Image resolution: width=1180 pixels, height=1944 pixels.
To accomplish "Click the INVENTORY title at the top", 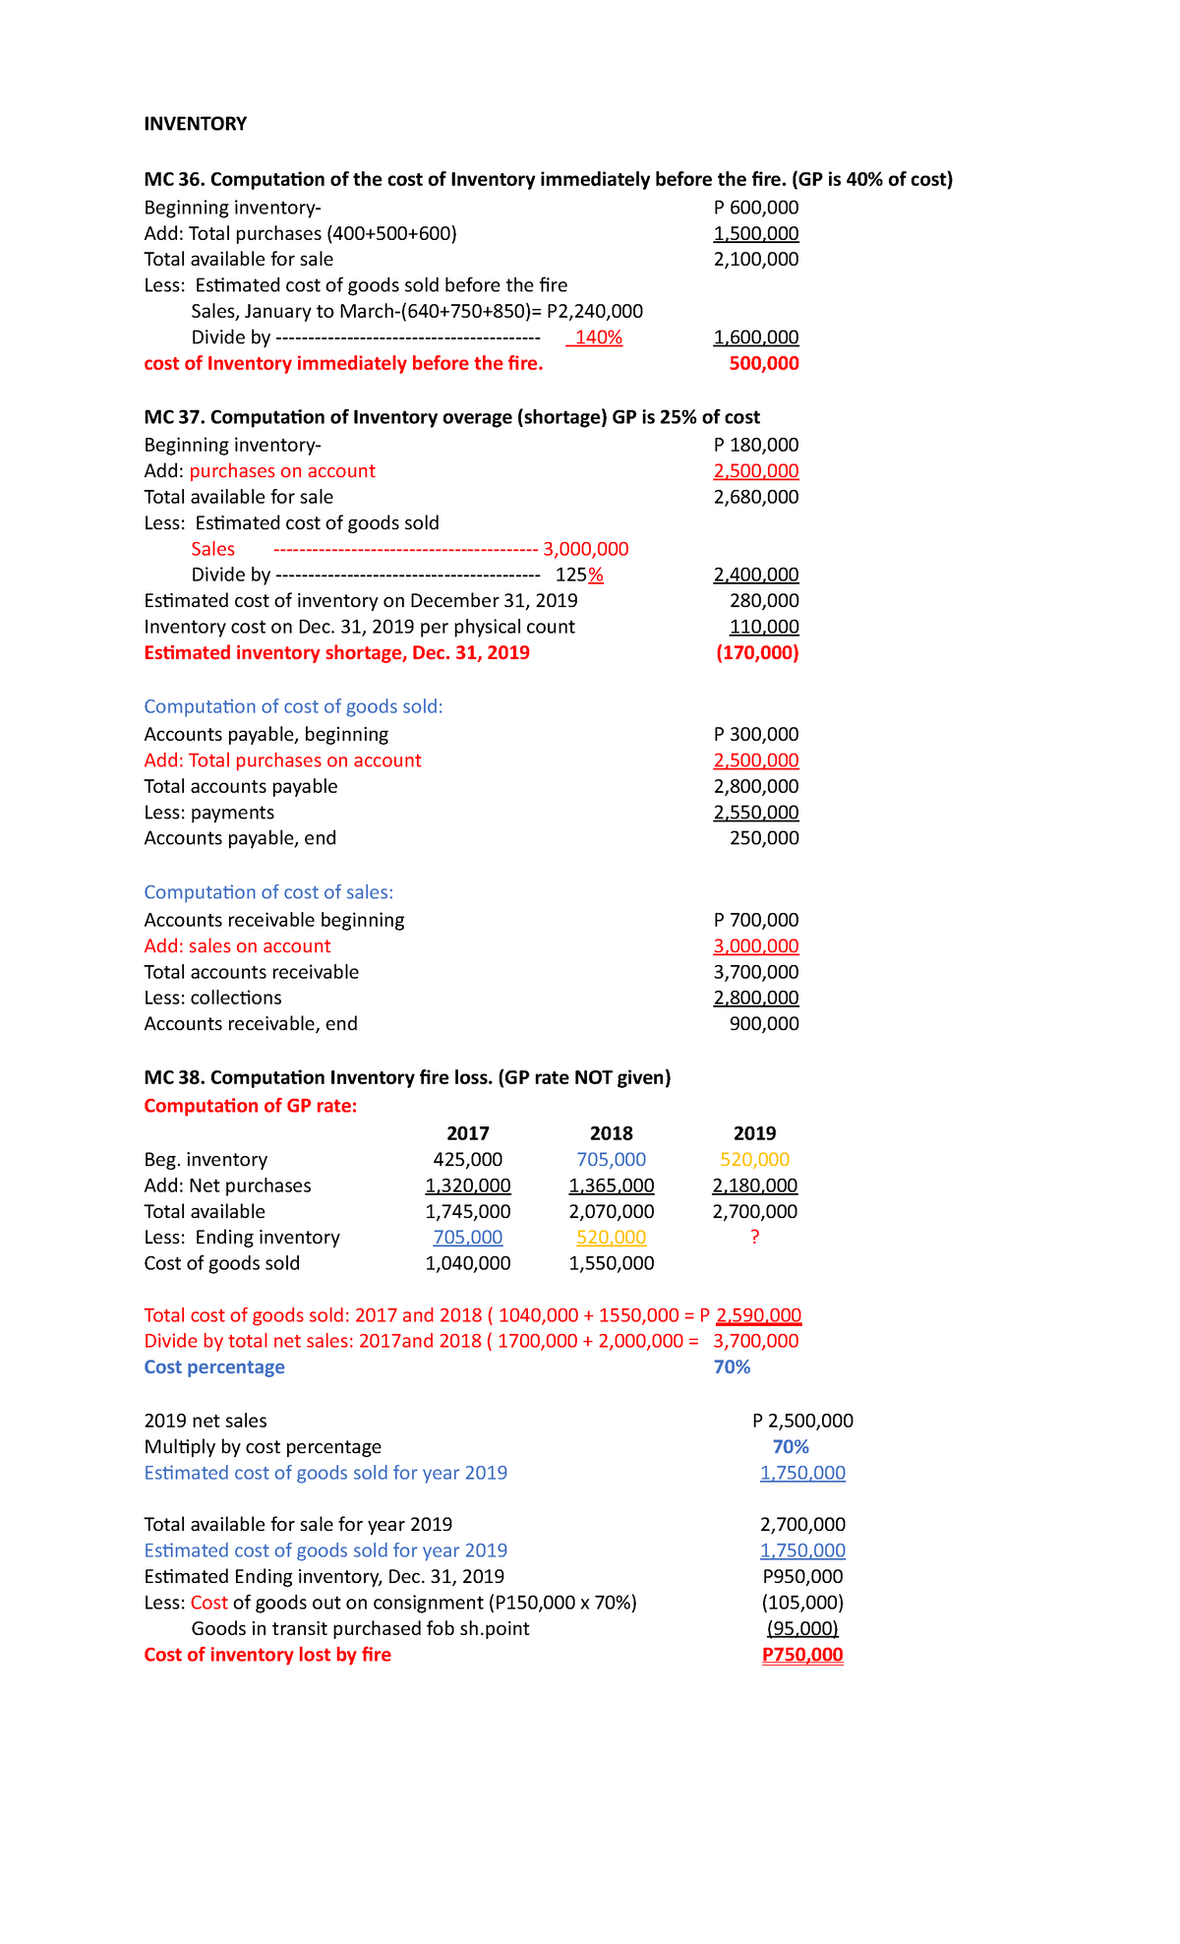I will pyautogui.click(x=195, y=124).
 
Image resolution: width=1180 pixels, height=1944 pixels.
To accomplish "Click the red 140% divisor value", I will pyautogui.click(x=598, y=337).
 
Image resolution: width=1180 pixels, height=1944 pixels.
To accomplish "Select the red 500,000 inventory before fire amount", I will pyautogui.click(x=763, y=364).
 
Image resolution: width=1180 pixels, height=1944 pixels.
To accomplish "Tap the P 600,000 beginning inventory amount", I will pyautogui.click(x=755, y=208).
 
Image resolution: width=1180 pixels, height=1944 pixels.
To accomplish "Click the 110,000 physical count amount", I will pyautogui.click(x=763, y=627).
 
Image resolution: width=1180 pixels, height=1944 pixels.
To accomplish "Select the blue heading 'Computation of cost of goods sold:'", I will pyautogui.click(x=293, y=706).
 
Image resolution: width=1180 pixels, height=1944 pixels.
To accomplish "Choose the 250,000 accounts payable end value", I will pyautogui.click(x=763, y=838).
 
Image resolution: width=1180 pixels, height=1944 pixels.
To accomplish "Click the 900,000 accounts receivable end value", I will pyautogui.click(x=763, y=1024).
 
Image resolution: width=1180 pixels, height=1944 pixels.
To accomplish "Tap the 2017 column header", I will pyautogui.click(x=467, y=1133).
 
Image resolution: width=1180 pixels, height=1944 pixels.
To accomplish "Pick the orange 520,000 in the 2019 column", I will pyautogui.click(x=754, y=1160).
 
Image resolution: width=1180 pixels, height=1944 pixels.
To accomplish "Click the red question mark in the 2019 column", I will pyautogui.click(x=754, y=1238).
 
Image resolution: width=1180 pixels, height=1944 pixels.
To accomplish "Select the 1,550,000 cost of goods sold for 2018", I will pyautogui.click(x=611, y=1263).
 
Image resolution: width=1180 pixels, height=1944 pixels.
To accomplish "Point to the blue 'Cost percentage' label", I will pyautogui.click(x=214, y=1367).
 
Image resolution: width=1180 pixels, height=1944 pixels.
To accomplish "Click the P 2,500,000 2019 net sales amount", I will pyautogui.click(x=802, y=1421).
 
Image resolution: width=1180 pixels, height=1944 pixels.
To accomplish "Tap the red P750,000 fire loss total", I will pyautogui.click(x=802, y=1655).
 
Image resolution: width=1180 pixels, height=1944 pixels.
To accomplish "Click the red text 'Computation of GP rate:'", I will pyautogui.click(x=250, y=1106).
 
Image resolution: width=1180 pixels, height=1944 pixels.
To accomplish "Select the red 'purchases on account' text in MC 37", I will pyautogui.click(x=282, y=471).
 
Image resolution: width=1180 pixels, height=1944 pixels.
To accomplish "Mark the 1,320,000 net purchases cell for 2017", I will pyautogui.click(x=467, y=1185).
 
